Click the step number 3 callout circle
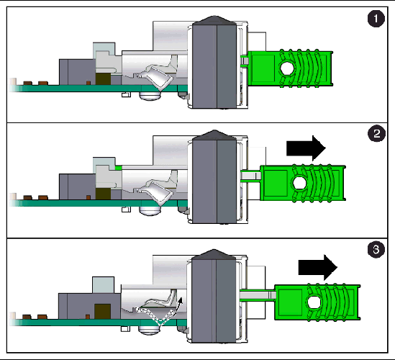point(373,250)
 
